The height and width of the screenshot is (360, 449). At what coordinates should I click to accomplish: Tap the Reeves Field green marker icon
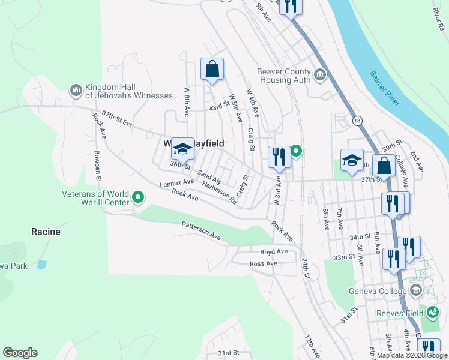coord(432,311)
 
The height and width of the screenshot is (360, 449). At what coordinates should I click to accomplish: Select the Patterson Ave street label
coord(201,232)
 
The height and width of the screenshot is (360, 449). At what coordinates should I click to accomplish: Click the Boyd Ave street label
coord(274,251)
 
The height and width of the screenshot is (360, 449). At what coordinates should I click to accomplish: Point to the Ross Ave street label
coord(263,263)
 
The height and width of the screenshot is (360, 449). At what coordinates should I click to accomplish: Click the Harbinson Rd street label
coord(220,193)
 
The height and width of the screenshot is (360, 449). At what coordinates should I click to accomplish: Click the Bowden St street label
coord(97,164)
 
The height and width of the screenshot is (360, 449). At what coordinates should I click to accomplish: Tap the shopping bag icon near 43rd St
coord(212,70)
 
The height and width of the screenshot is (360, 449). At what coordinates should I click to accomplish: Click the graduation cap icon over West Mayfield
coord(182,149)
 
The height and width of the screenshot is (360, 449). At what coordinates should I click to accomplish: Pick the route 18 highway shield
coord(357,121)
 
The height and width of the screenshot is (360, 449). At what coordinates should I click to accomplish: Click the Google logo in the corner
coord(20,353)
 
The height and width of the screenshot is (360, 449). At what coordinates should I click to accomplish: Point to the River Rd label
coord(436,20)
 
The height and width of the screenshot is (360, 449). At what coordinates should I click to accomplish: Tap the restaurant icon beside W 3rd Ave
coord(279,157)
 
